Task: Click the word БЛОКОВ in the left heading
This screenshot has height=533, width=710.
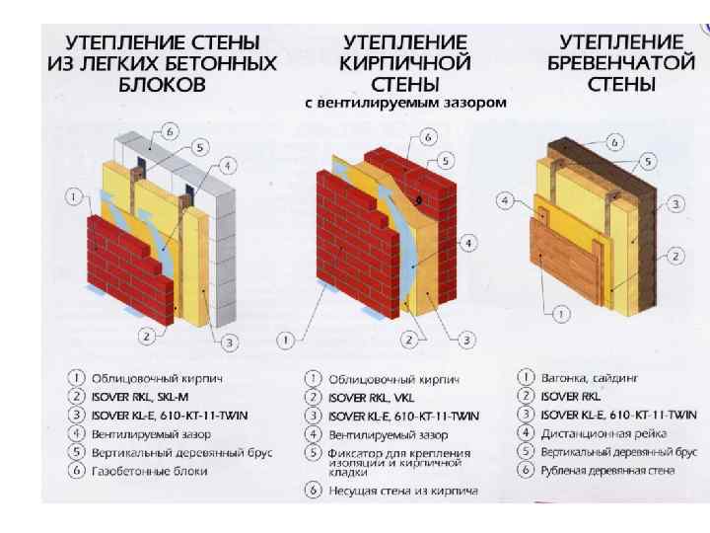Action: [162, 84]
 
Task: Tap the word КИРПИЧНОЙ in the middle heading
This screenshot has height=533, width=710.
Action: [405, 63]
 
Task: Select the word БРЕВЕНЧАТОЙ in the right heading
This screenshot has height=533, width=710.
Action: [621, 62]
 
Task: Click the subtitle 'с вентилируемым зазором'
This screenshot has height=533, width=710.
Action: [405, 103]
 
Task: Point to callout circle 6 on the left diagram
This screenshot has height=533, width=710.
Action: [170, 132]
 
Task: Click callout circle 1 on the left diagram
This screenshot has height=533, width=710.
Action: [73, 197]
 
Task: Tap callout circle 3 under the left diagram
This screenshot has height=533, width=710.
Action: [229, 343]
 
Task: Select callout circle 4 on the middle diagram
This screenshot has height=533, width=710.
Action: [467, 244]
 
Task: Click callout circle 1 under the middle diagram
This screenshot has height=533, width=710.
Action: [285, 340]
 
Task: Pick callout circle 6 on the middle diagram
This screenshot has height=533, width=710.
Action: [428, 137]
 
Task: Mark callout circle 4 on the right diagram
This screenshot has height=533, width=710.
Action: [505, 200]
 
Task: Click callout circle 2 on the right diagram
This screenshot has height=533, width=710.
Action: [675, 257]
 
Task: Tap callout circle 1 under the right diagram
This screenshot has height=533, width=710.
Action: [561, 314]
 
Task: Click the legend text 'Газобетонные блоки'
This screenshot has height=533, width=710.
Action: [150, 472]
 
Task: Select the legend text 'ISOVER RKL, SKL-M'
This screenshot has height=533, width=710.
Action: [139, 397]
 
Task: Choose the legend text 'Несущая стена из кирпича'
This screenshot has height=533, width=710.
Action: [403, 491]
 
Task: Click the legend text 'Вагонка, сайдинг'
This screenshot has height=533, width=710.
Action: [589, 378]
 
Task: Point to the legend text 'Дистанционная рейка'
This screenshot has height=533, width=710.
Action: [603, 433]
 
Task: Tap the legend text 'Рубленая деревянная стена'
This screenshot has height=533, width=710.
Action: [607, 471]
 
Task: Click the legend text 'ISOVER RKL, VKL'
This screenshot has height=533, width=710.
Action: [371, 398]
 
